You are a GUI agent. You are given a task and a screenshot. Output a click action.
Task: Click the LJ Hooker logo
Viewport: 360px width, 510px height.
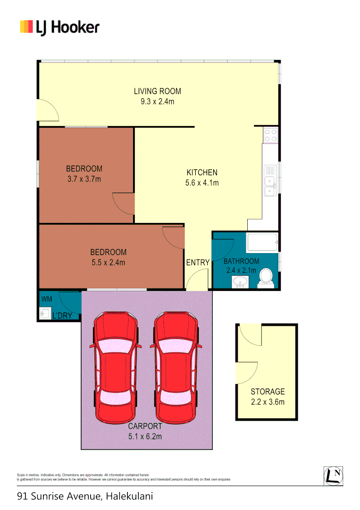59,27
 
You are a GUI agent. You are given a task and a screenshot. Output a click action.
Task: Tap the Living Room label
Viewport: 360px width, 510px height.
157,91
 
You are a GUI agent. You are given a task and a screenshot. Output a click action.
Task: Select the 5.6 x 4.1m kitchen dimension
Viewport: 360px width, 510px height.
202,183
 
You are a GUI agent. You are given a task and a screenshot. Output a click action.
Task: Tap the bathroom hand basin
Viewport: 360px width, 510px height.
240,282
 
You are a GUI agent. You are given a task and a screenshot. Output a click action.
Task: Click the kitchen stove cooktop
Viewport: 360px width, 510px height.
271,136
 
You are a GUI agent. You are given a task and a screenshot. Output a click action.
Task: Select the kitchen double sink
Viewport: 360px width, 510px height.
270,185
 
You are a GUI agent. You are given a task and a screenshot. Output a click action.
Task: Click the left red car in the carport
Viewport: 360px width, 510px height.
116,367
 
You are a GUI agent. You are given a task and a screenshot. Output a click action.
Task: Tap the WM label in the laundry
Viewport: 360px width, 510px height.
47,299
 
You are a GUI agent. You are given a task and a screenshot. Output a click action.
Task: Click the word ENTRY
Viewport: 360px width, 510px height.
198,263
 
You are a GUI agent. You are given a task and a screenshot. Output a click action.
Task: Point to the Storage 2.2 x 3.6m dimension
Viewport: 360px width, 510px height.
268,402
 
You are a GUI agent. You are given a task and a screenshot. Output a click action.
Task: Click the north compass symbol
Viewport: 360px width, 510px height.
333,476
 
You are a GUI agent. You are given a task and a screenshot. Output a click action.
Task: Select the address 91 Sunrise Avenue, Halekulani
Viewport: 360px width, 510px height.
85,496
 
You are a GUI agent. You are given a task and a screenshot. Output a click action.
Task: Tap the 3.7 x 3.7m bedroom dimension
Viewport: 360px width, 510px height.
84,179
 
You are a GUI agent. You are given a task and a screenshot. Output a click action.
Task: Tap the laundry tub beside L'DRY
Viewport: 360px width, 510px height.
45,314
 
